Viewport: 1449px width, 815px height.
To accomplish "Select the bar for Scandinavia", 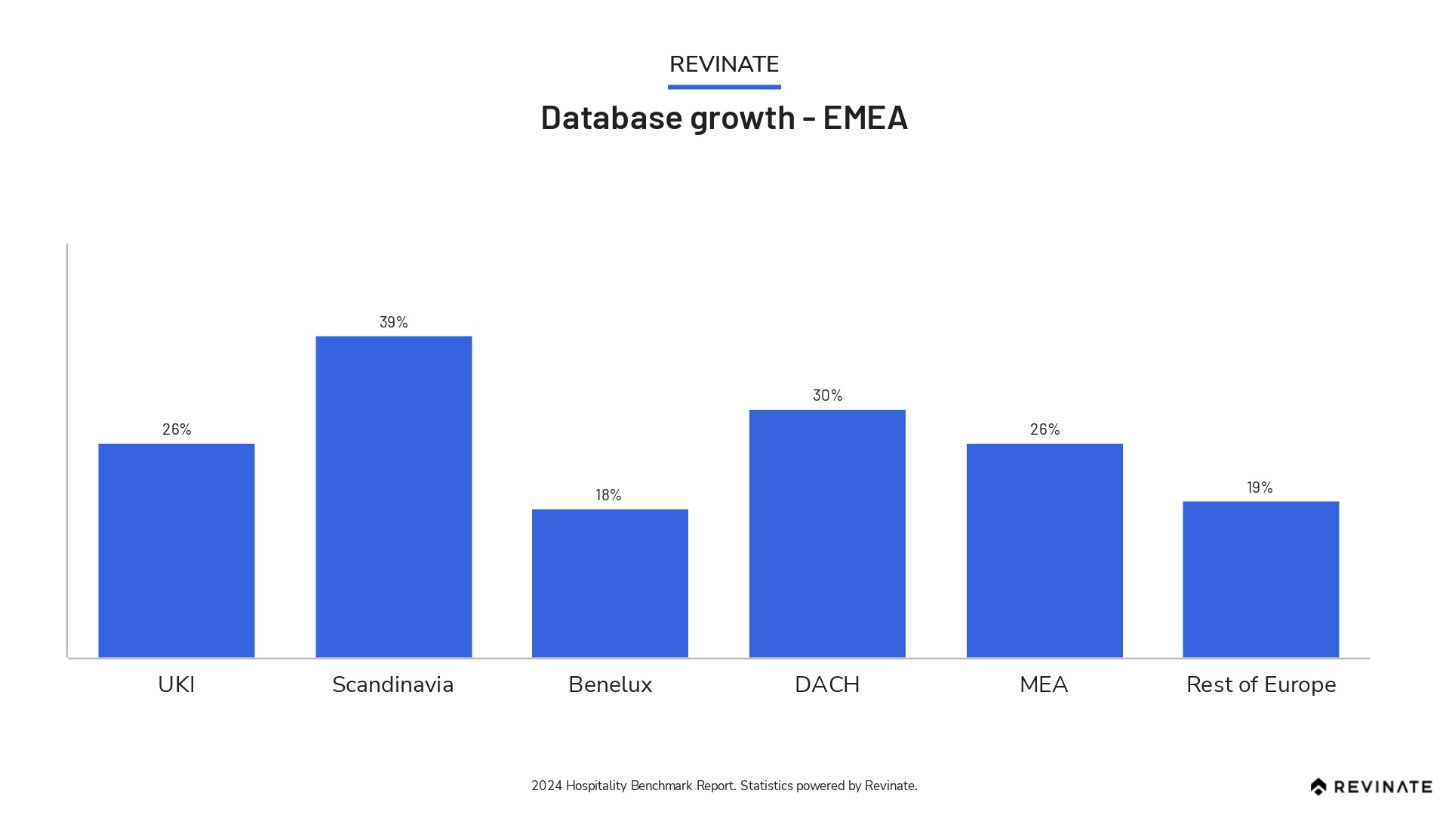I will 393,497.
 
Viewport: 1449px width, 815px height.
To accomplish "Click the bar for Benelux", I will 610,583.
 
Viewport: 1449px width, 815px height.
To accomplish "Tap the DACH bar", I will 827,533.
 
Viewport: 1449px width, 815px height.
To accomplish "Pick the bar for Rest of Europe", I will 1260,579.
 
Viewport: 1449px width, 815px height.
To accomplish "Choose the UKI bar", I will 177,550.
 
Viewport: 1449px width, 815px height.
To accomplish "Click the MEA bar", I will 1044,550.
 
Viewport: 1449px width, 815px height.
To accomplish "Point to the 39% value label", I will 393,322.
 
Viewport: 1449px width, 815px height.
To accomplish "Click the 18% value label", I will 608,495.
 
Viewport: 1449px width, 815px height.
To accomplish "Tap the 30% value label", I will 827,395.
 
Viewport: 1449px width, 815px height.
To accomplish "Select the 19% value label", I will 1260,487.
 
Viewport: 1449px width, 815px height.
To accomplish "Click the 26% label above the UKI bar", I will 177,429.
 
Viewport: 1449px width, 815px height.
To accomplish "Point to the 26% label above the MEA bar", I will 1044,429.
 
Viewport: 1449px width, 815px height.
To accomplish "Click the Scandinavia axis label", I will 392,684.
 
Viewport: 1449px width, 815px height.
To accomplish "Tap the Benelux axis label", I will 610,684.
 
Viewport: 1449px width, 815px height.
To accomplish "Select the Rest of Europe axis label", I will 1261,684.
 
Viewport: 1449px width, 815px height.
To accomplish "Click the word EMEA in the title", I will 865,118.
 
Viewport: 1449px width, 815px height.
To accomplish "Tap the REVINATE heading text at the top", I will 724,64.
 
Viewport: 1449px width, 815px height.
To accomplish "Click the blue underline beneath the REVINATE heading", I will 724,87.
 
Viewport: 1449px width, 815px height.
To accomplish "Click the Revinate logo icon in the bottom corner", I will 1318,786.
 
